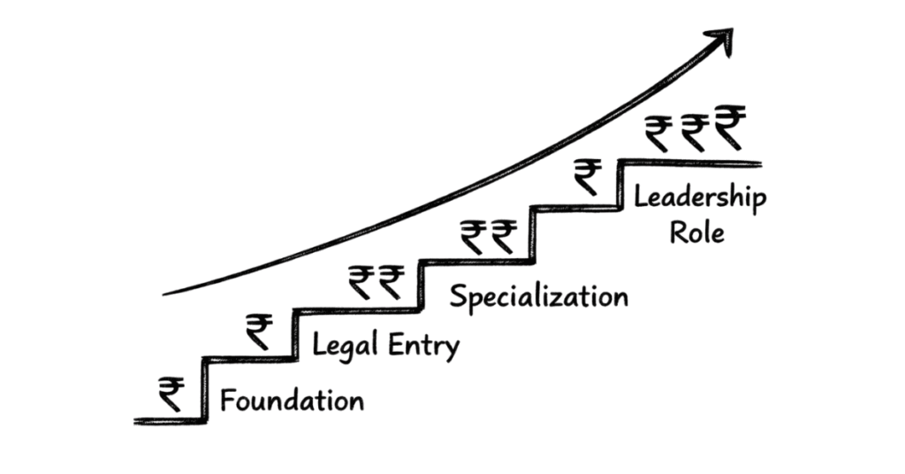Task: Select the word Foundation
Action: click(292, 401)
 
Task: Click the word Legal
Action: click(347, 346)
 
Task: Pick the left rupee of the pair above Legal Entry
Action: click(361, 282)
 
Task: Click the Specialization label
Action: click(538, 295)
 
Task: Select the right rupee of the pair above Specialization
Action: click(504, 236)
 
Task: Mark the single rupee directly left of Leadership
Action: click(586, 176)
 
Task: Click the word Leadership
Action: click(699, 198)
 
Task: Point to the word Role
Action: click(696, 233)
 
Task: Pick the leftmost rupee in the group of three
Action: click(658, 134)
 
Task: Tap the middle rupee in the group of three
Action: click(693, 134)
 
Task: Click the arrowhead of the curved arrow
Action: click(724, 41)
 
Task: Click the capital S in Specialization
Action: click(459, 295)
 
